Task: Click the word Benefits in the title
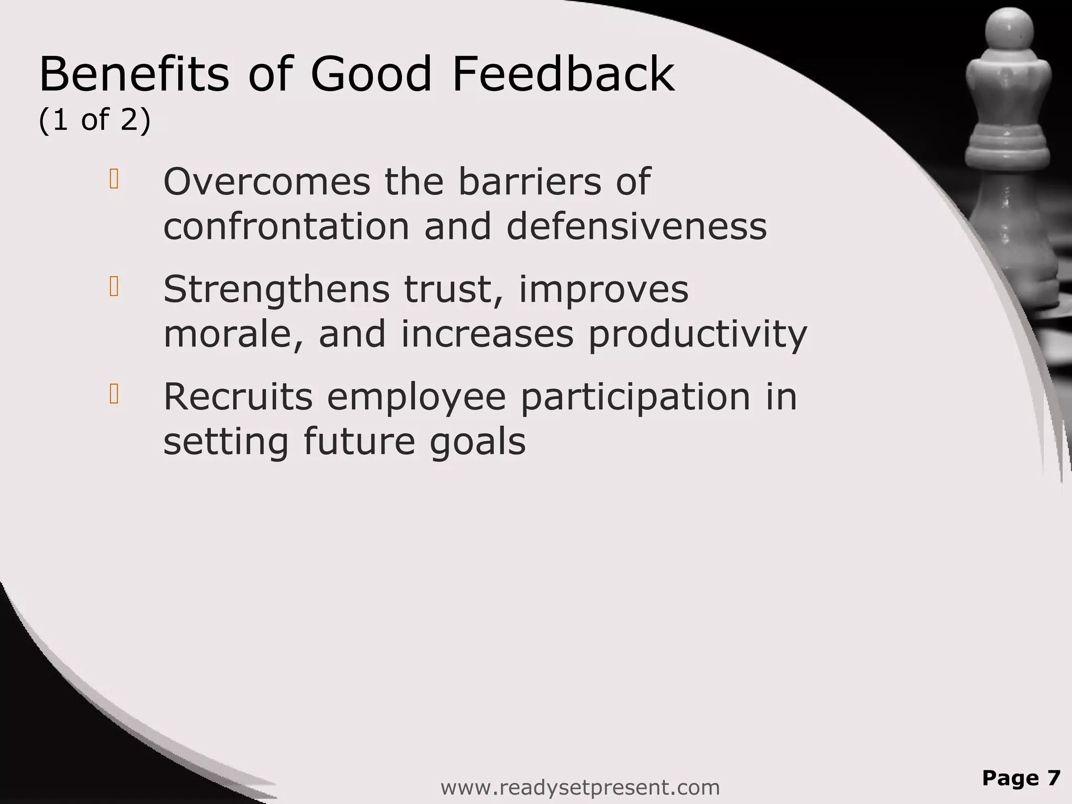click(134, 74)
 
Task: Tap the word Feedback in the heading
click(563, 74)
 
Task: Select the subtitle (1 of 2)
click(95, 120)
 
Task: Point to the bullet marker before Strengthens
click(114, 287)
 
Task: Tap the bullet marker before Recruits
click(114, 394)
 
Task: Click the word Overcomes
click(267, 182)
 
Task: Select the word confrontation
click(286, 227)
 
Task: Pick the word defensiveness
click(636, 227)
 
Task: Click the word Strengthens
click(276, 289)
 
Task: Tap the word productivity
click(698, 335)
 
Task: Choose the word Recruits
click(238, 396)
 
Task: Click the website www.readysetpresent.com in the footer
click(580, 787)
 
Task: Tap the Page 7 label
click(1021, 778)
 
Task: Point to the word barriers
click(530, 182)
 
